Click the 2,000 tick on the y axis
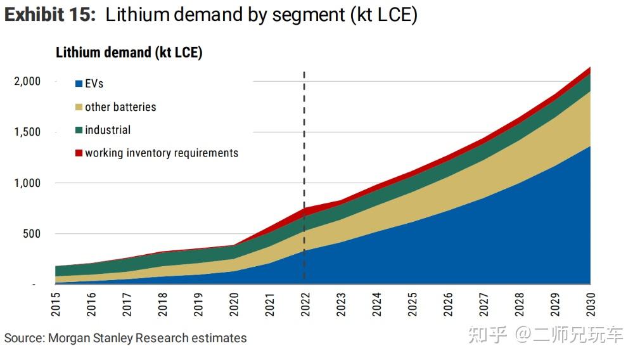coord(27,81)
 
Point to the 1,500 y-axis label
coord(27,132)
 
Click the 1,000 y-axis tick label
coord(27,183)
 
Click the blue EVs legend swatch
coord(79,84)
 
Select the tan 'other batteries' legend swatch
coord(79,107)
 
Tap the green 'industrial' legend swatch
coord(79,130)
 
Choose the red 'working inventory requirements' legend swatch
coord(79,153)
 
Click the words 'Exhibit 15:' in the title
coord(50,15)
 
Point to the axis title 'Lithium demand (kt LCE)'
coord(129,53)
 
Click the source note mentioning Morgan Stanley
coord(125,338)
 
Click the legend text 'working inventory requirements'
coord(162,153)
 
